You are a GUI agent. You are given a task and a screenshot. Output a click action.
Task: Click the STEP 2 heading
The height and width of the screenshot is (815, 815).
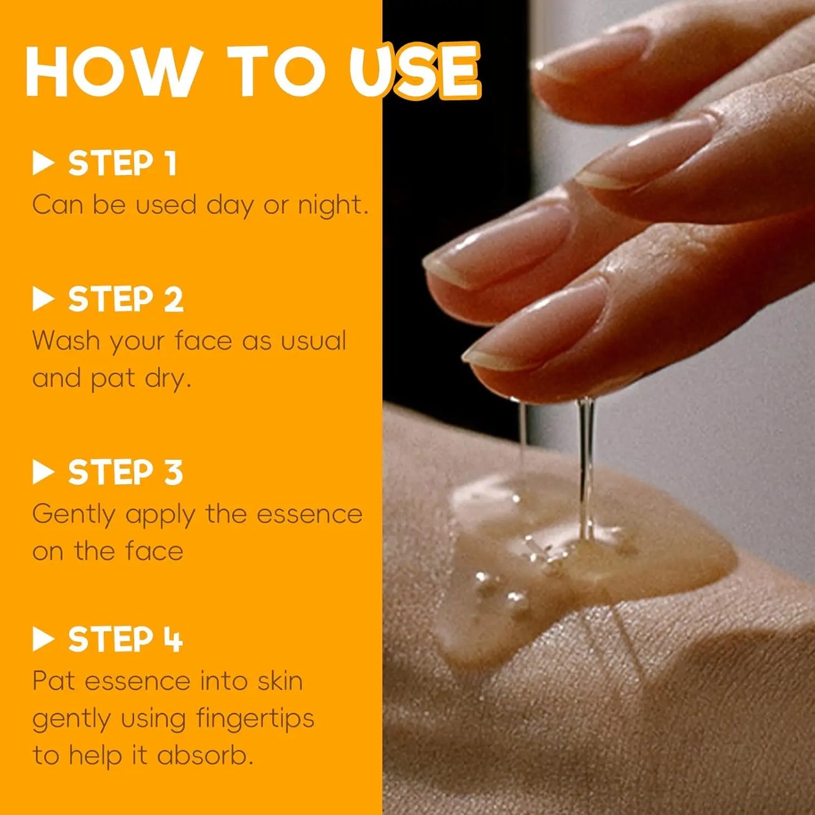(126, 299)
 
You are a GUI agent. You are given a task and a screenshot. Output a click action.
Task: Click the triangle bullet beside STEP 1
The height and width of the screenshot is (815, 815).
(43, 164)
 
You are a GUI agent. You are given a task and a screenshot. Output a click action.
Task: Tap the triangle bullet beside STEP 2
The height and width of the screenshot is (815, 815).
(43, 299)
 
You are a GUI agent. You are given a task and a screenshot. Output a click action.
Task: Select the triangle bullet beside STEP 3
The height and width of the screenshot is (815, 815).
(43, 472)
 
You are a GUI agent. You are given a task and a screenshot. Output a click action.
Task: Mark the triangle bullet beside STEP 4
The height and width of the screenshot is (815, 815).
(43, 640)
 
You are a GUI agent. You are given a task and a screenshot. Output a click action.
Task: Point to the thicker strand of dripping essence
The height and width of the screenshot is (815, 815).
(586, 469)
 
